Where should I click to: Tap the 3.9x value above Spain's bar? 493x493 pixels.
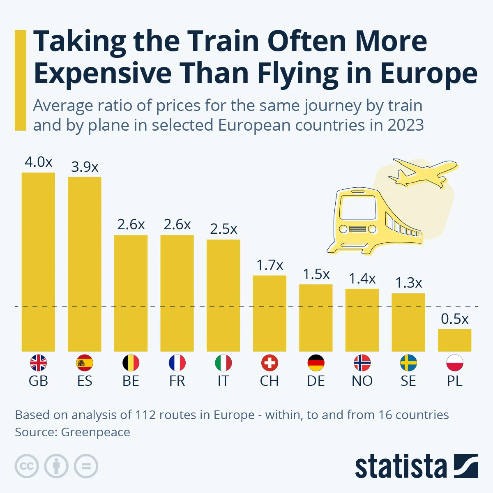point(85,167)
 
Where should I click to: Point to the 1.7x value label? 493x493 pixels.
point(270,265)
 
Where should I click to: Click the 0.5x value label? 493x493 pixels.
point(454,319)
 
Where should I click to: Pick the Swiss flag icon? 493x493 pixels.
point(270,363)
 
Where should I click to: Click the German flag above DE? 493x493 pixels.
point(316,363)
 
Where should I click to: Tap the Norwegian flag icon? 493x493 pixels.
point(362,363)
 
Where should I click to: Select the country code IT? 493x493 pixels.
point(223,381)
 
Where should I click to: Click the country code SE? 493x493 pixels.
point(408,381)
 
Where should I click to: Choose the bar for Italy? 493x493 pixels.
point(223,295)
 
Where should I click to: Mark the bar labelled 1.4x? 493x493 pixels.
point(362,320)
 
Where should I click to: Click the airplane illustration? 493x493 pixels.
point(423,173)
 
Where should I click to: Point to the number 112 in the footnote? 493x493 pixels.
point(146,415)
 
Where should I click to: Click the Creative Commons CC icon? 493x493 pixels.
point(27,466)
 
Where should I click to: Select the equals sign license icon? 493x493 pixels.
point(86,466)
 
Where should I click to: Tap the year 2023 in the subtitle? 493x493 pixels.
point(405,125)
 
